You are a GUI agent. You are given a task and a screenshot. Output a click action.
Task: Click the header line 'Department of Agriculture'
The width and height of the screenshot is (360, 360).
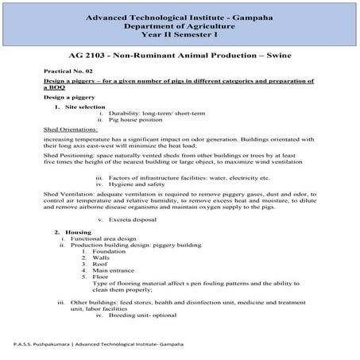(x=180, y=25)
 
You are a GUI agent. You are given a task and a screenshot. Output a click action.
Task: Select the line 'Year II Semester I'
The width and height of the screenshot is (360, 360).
(x=180, y=35)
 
